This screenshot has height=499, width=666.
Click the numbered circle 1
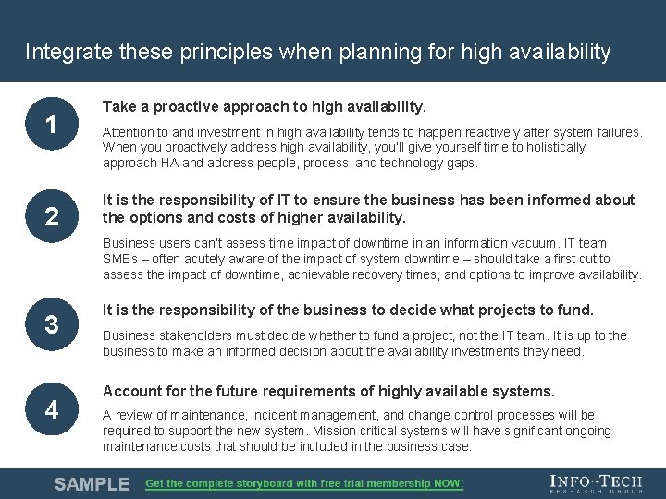coord(53,124)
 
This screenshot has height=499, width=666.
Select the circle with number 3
coord(53,323)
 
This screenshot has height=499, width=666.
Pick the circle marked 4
coord(53,408)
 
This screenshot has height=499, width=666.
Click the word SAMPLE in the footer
coord(92,484)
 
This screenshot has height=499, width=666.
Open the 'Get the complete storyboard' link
coord(304,483)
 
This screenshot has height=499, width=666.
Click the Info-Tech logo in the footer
coord(595,483)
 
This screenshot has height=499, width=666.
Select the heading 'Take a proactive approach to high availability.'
coord(265,107)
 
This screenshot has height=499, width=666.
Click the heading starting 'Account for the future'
coord(328,391)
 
